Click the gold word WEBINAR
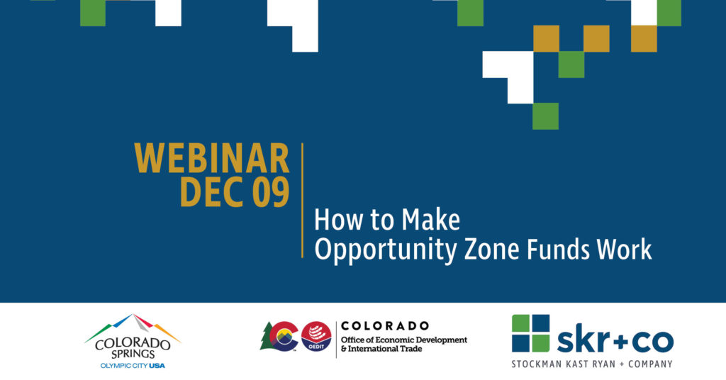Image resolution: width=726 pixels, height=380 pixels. [211, 158]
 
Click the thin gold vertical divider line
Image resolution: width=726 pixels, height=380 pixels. [302, 200]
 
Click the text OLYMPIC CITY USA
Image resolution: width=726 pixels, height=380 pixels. [133, 366]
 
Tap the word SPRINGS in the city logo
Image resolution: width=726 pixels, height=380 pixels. [133, 354]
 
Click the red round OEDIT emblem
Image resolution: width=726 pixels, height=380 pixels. [316, 337]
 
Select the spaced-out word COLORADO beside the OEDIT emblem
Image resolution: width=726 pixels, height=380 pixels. [385, 326]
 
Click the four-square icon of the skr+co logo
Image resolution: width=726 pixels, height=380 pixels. [530, 333]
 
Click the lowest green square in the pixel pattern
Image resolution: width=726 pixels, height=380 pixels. [545, 116]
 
